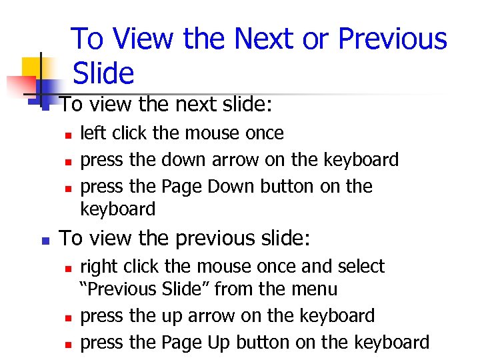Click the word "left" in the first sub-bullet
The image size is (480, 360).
coord(93,133)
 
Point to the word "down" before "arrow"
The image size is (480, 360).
coord(185,160)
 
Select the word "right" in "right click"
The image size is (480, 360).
coord(95,267)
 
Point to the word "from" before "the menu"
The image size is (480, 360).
coord(249,289)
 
